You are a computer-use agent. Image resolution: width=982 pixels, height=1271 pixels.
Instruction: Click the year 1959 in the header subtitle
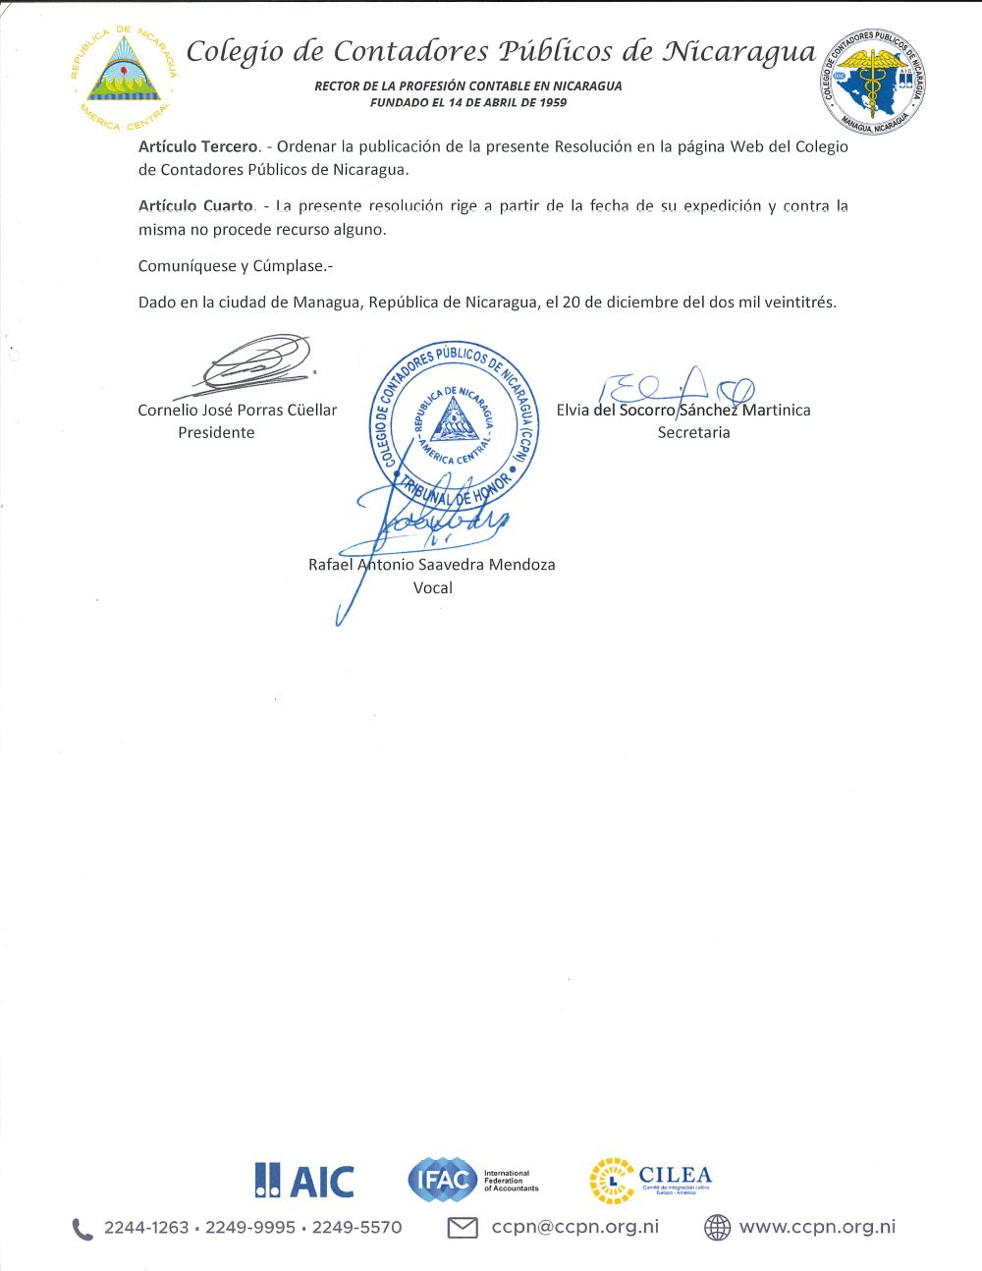pyautogui.click(x=551, y=102)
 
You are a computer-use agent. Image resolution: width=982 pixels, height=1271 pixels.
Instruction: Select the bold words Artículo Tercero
pyautogui.click(x=198, y=146)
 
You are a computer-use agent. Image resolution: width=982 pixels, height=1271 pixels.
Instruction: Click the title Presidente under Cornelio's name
pyautogui.click(x=216, y=433)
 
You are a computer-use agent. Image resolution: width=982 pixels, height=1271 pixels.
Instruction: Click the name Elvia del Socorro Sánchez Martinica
pyautogui.click(x=683, y=411)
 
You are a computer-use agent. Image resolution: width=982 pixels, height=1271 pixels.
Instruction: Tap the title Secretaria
pyautogui.click(x=693, y=433)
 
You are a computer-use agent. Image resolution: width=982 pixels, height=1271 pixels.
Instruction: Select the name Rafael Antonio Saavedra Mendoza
pyautogui.click(x=432, y=565)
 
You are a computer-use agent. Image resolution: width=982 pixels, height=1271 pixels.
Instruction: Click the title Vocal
pyautogui.click(x=433, y=588)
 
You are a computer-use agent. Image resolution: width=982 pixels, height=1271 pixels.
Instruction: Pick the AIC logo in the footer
pyautogui.click(x=303, y=1180)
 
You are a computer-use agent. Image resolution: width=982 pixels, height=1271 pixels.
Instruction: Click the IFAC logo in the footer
pyautogui.click(x=473, y=1180)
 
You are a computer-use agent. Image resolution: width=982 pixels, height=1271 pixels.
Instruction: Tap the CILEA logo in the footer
pyautogui.click(x=650, y=1180)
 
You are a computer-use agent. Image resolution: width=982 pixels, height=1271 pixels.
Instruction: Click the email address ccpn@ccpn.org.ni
pyautogui.click(x=574, y=1227)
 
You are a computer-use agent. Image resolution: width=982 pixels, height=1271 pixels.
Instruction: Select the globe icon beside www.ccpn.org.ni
pyautogui.click(x=718, y=1228)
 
